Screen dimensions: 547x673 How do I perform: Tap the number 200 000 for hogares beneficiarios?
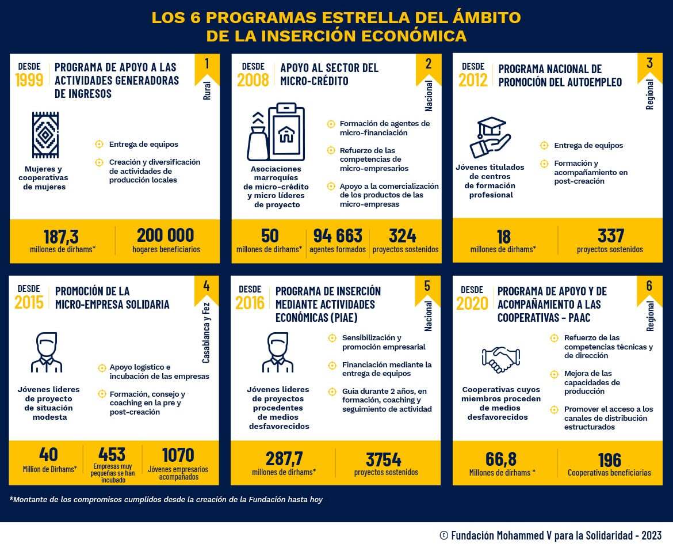coord(166,235)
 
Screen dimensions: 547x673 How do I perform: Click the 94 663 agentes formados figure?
coord(338,235)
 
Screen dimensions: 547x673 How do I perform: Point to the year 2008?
coord(253,80)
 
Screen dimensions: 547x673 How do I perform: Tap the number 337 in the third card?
coord(610,235)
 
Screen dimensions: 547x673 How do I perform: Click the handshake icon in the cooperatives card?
coord(500,359)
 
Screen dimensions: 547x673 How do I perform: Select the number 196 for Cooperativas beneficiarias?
coord(609,460)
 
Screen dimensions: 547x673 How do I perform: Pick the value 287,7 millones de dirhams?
coord(284,459)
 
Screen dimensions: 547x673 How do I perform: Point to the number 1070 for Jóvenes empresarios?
coord(178,454)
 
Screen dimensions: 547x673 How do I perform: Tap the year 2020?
coord(472,303)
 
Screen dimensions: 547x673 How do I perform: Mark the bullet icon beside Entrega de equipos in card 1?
coord(99,145)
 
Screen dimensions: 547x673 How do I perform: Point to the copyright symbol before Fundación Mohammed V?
coord(443,535)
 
